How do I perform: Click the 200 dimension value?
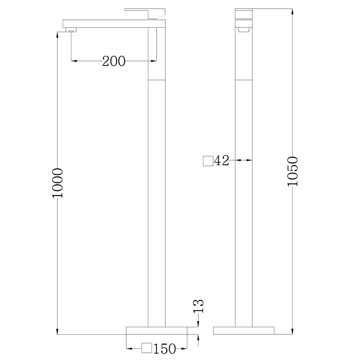point(114,61)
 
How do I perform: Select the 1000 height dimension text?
point(57,183)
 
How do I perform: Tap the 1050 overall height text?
point(293,171)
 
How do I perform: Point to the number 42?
point(221,161)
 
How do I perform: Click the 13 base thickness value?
point(199,306)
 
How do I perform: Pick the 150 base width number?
point(165,349)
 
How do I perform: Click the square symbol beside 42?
point(208,161)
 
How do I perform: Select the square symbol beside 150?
point(147,348)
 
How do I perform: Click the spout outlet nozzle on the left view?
point(71,30)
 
